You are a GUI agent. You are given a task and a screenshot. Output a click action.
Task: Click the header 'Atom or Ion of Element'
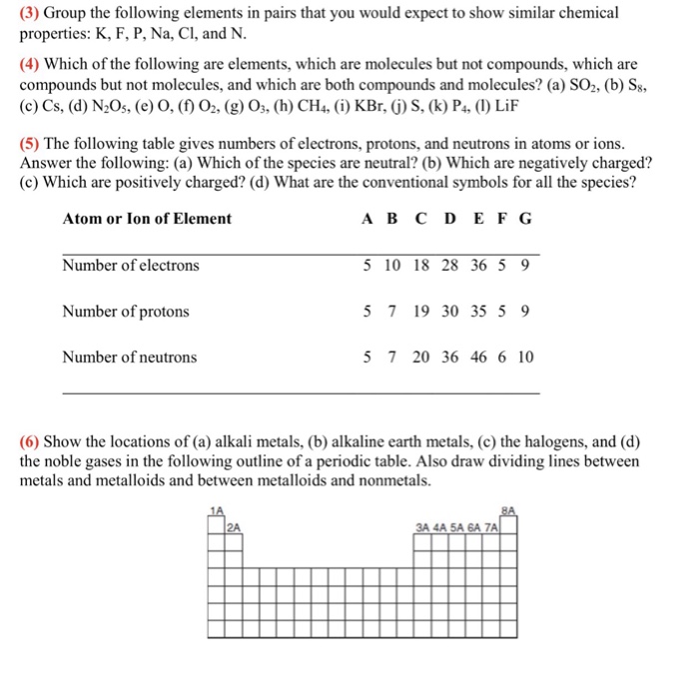click(x=147, y=219)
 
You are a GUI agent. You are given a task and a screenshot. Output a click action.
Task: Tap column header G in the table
click(x=526, y=219)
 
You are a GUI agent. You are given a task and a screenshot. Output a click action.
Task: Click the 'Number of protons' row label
click(x=125, y=312)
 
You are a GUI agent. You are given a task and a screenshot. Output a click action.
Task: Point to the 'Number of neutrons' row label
click(x=129, y=357)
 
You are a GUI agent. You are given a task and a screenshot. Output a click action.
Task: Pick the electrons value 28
click(x=450, y=266)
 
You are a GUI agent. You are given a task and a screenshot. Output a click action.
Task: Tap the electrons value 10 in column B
click(x=392, y=266)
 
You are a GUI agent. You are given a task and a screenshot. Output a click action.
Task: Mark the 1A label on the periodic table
click(x=217, y=509)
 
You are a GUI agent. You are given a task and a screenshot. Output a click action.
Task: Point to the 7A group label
click(x=491, y=527)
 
